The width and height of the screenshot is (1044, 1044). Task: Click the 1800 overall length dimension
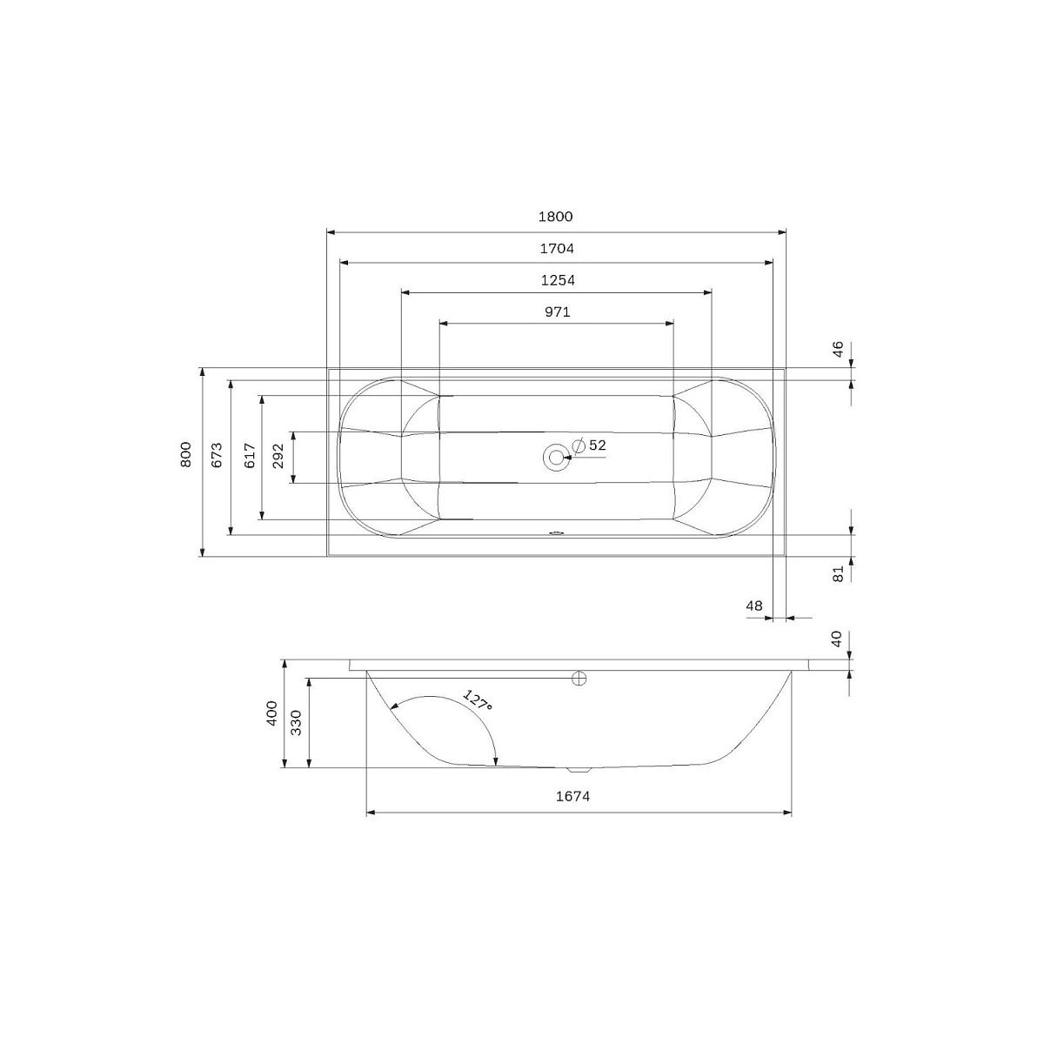tap(555, 217)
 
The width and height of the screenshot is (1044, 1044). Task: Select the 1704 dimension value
tap(557, 249)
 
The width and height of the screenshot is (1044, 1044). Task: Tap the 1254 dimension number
tap(558, 281)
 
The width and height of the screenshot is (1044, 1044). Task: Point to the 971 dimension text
tap(558, 312)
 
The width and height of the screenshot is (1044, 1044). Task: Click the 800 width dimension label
tap(186, 454)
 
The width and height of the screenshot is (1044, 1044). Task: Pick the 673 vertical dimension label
tap(217, 454)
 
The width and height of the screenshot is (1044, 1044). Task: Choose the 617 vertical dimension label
tap(250, 456)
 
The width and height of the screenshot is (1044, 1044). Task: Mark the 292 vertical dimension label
tap(278, 456)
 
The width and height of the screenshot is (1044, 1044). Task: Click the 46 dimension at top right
tap(838, 349)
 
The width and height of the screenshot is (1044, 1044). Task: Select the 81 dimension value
tap(838, 573)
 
